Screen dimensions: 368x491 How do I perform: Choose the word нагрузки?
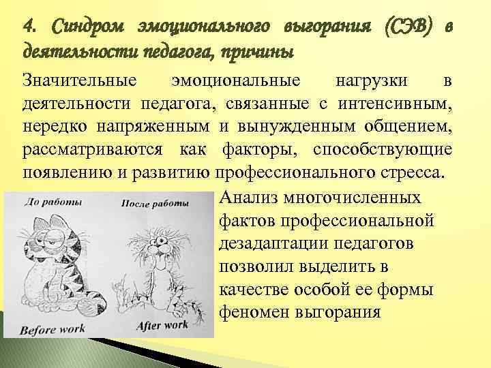point(372,81)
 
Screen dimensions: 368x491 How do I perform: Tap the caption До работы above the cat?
point(54,202)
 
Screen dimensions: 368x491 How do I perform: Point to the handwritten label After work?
point(162,325)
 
